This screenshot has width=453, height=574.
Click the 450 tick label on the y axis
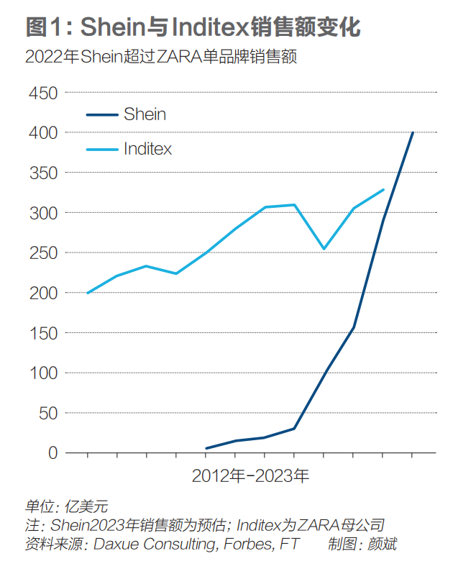[42, 93]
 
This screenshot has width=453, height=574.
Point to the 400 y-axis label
[42, 133]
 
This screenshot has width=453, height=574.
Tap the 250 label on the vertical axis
[42, 253]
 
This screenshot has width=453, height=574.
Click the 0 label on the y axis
[52, 453]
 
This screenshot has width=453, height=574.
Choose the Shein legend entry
[145, 114]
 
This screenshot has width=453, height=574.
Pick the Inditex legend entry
[147, 150]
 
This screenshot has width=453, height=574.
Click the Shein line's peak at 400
[413, 132]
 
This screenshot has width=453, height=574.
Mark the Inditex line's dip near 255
[324, 249]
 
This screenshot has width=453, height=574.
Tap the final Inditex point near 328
[383, 190]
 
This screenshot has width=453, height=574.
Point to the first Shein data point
[206, 448]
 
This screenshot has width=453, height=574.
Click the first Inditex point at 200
[88, 293]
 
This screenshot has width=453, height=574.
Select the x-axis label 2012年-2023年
[250, 476]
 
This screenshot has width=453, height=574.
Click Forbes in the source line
[244, 545]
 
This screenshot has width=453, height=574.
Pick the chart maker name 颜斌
[381, 545]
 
